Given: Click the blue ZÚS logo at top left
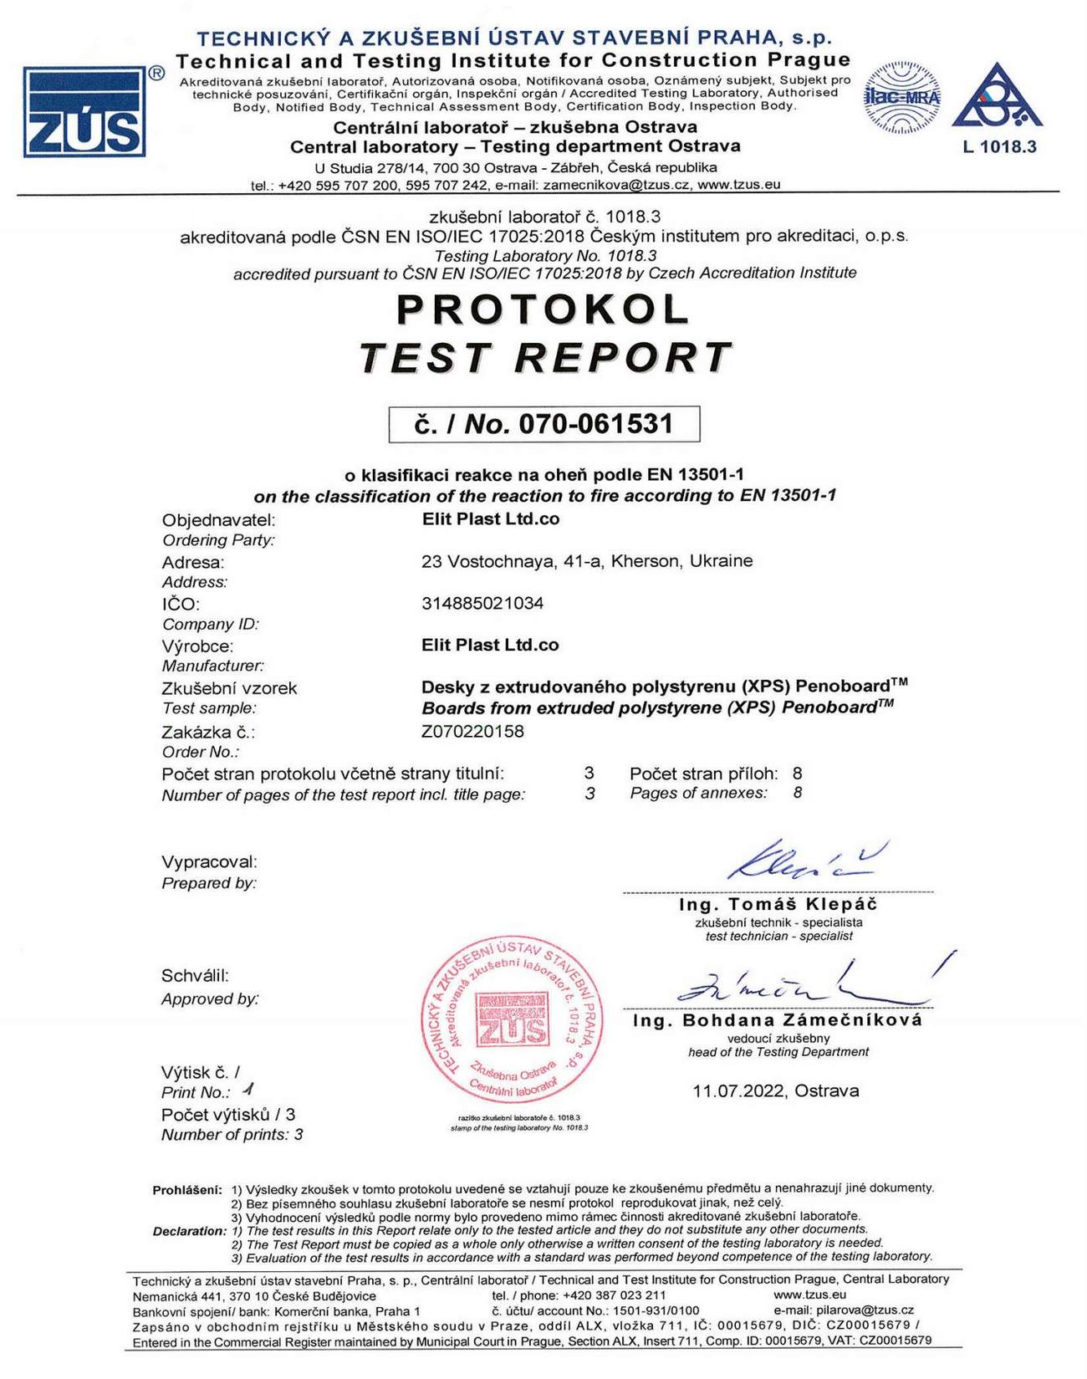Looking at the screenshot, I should pyautogui.click(x=84, y=112).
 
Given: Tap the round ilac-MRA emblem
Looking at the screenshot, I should pyautogui.click(x=902, y=98).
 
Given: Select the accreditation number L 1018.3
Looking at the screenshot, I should pyautogui.click(x=999, y=147).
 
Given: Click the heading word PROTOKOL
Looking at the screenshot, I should pyautogui.click(x=543, y=309).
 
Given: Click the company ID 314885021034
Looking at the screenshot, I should pyautogui.click(x=482, y=603).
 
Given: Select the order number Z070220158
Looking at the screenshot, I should pyautogui.click(x=472, y=731).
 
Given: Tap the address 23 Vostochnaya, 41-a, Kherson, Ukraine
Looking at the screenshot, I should pyautogui.click(x=587, y=560).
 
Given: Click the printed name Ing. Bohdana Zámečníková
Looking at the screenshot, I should pyautogui.click(x=778, y=1020).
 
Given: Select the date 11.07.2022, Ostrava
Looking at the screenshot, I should pyautogui.click(x=775, y=1090).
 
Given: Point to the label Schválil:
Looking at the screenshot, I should pyautogui.click(x=195, y=975).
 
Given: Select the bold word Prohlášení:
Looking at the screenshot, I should pyautogui.click(x=187, y=1189).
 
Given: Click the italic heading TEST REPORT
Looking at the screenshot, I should pyautogui.click(x=545, y=358).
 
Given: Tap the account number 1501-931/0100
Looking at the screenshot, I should pyautogui.click(x=656, y=1310).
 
